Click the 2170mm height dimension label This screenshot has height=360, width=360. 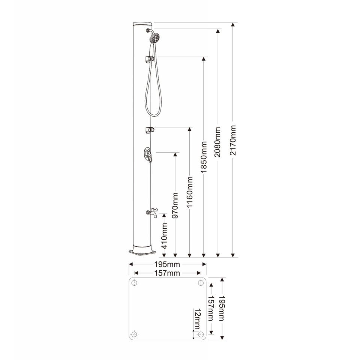pyautogui.click(x=233, y=140)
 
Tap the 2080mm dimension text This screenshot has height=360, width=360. pyautogui.click(x=217, y=142)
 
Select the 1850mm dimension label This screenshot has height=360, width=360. pyautogui.click(x=204, y=157)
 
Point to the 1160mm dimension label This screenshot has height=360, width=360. pyautogui.click(x=189, y=192)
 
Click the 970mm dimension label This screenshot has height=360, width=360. pyautogui.click(x=175, y=205)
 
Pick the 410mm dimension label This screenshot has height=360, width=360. pyautogui.click(x=164, y=236)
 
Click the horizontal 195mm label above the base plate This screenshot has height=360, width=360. pyautogui.click(x=167, y=264)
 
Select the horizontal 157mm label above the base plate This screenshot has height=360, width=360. pyautogui.click(x=167, y=273)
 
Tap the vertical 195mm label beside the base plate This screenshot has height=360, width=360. pyautogui.click(x=221, y=308)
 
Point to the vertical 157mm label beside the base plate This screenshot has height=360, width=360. pyautogui.click(x=211, y=308)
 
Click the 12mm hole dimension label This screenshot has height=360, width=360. pyautogui.click(x=197, y=319)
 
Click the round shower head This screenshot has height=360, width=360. pyautogui.click(x=154, y=38)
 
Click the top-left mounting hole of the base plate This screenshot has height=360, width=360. pyautogui.click(x=134, y=283)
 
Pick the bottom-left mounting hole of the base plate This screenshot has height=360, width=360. pyautogui.click(x=134, y=334)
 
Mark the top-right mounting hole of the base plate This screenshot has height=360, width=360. pyautogui.click(x=200, y=283)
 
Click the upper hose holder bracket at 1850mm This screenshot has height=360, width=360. pyautogui.click(x=149, y=59)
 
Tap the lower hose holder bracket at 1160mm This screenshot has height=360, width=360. pyautogui.click(x=150, y=130)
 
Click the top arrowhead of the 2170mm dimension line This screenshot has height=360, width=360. pyautogui.click(x=233, y=25)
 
